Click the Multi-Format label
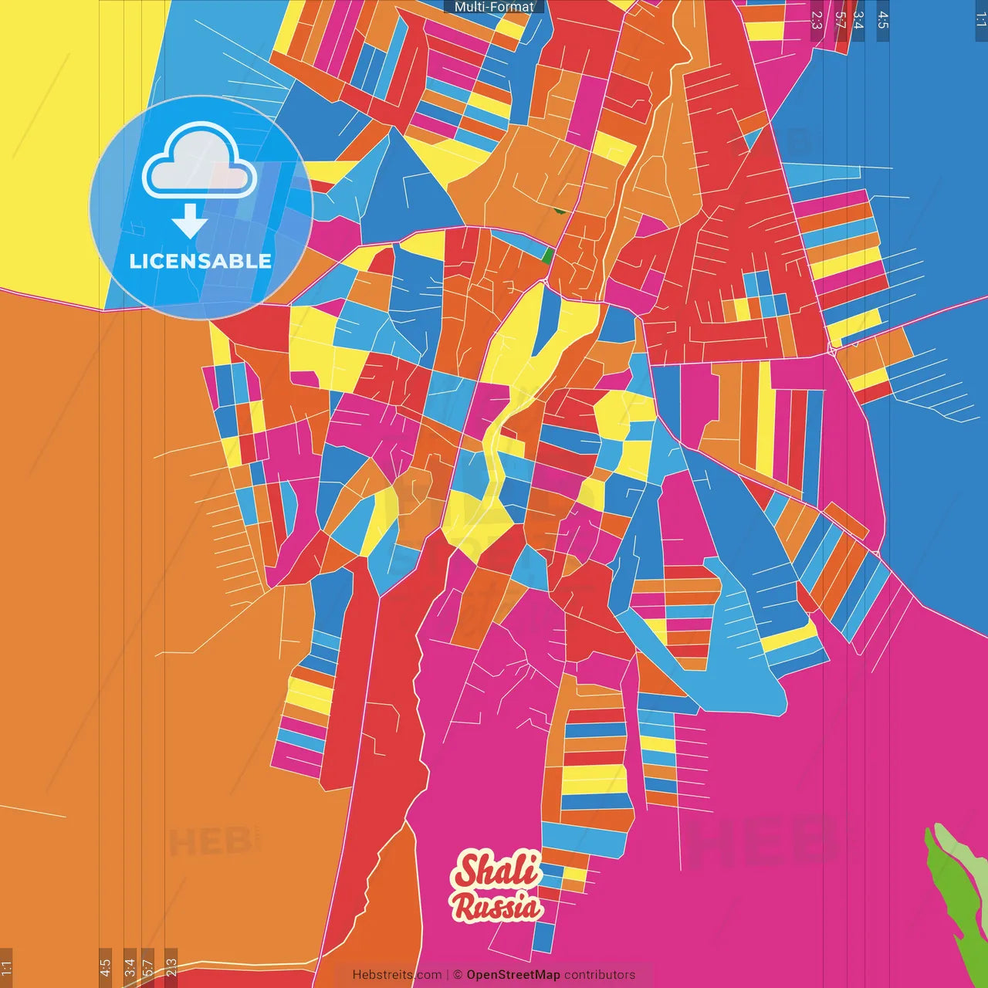pos(494,7)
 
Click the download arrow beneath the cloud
pos(189,221)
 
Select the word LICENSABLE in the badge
pos(201,261)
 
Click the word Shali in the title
pos(497,870)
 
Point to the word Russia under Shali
pos(497,905)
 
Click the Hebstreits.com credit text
pos(397,975)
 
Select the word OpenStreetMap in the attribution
pos(513,975)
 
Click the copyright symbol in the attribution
pos(457,975)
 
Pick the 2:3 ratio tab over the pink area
pos(817,20)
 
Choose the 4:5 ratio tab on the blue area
pos(883,20)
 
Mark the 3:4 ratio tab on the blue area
pos(858,20)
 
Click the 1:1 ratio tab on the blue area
pos(980,20)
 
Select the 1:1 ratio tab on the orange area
pos(6,968)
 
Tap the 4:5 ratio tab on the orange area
pos(105,968)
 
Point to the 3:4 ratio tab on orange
pos(130,968)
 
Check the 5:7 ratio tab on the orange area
pos(148,968)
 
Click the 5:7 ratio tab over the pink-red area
pos(840,20)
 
